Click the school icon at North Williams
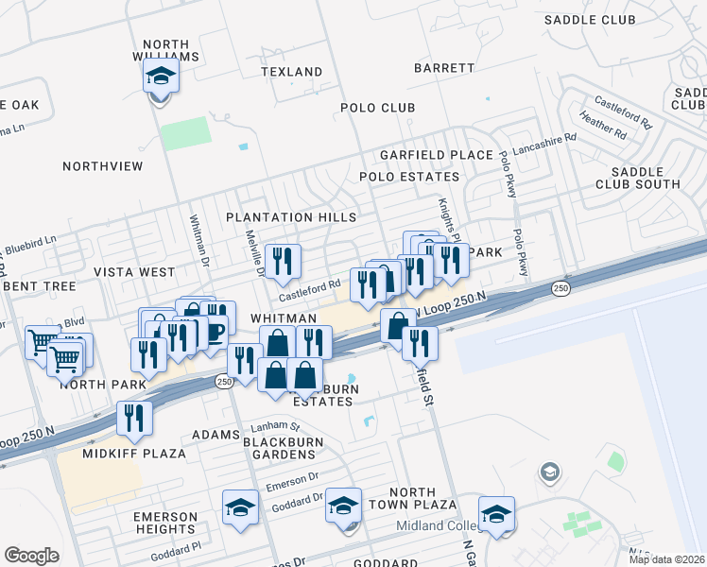pos(162,77)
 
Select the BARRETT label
pos(444,68)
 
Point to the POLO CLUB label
pos(378,108)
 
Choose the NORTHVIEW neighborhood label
pos(102,166)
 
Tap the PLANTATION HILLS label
pos(291,217)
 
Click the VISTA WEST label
pos(134,272)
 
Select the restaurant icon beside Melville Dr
pos(282,262)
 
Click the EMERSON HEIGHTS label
pos(165,524)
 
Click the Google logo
pos(32,556)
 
